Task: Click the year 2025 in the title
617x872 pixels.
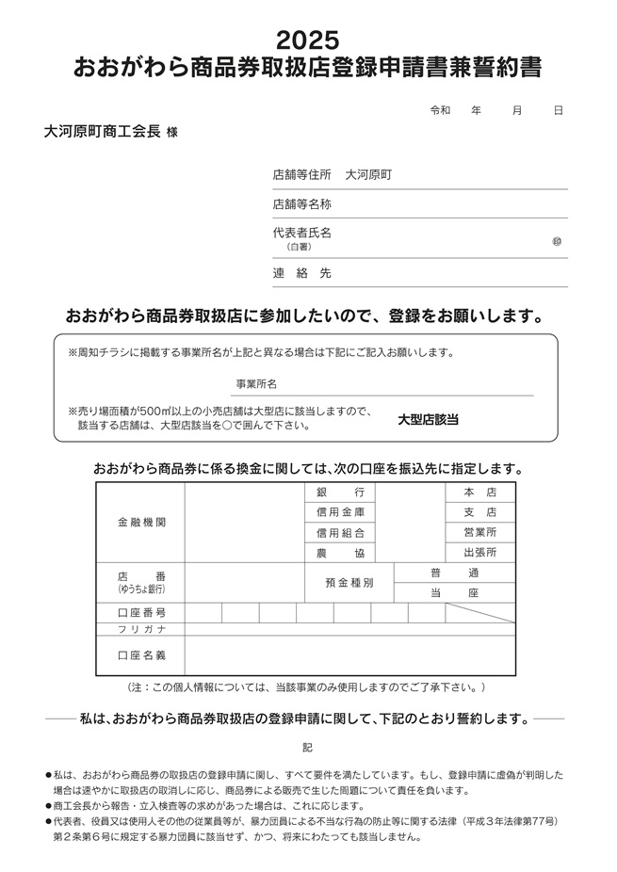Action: pyautogui.click(x=307, y=40)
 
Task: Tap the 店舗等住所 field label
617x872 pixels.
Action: pyautogui.click(x=301, y=174)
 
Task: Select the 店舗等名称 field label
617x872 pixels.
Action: pyautogui.click(x=301, y=203)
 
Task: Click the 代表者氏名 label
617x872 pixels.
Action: pyautogui.click(x=301, y=232)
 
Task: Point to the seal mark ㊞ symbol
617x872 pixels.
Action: pyautogui.click(x=557, y=242)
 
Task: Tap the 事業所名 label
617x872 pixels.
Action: pyautogui.click(x=255, y=384)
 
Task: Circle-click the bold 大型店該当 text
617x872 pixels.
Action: pyautogui.click(x=428, y=419)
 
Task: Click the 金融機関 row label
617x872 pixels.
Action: pyautogui.click(x=141, y=522)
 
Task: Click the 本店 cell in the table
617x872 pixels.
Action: pyautogui.click(x=479, y=493)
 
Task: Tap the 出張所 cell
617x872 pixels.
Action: pyautogui.click(x=479, y=553)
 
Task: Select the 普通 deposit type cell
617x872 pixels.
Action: pyautogui.click(x=454, y=573)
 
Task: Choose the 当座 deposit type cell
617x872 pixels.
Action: pyautogui.click(x=454, y=593)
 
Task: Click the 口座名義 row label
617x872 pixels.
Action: pyautogui.click(x=141, y=654)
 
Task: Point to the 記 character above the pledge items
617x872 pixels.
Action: pyautogui.click(x=307, y=747)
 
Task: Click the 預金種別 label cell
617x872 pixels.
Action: pyautogui.click(x=349, y=583)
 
